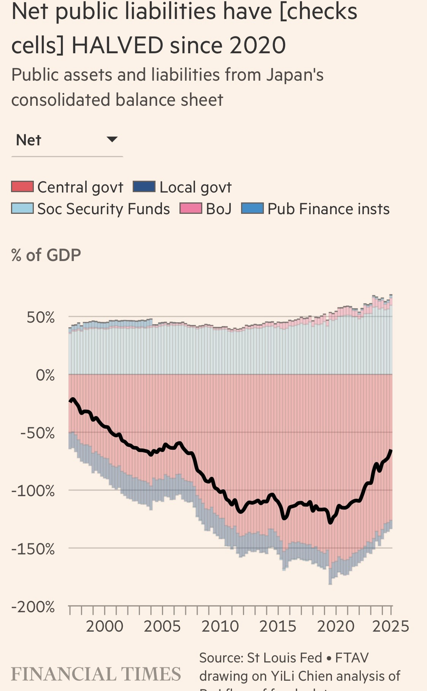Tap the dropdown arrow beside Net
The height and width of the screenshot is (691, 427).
click(x=112, y=139)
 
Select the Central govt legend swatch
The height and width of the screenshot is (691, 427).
click(x=22, y=187)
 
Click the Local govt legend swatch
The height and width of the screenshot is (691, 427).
click(x=144, y=187)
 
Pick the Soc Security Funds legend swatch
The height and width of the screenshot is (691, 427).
click(x=22, y=209)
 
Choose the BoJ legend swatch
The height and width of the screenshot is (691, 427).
click(x=191, y=209)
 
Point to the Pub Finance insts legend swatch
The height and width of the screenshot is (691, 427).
click(x=252, y=209)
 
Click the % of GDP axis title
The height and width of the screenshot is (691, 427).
click(x=46, y=255)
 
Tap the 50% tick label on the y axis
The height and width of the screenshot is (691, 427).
click(x=40, y=317)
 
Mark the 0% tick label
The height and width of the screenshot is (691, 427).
click(x=45, y=375)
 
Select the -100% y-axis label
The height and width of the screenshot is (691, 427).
click(x=33, y=491)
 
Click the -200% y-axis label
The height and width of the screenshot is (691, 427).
click(x=33, y=607)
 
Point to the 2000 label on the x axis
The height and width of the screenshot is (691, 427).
click(x=105, y=626)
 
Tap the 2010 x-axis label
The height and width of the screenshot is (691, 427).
click(x=220, y=626)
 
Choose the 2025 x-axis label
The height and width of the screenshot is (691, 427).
click(x=390, y=626)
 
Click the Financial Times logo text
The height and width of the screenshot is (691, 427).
click(x=96, y=674)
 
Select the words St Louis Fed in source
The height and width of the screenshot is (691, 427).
click(x=284, y=658)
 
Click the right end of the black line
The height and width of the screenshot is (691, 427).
click(x=391, y=451)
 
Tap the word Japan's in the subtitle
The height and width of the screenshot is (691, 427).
click(x=295, y=75)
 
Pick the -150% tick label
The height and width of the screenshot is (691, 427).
click(x=33, y=549)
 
